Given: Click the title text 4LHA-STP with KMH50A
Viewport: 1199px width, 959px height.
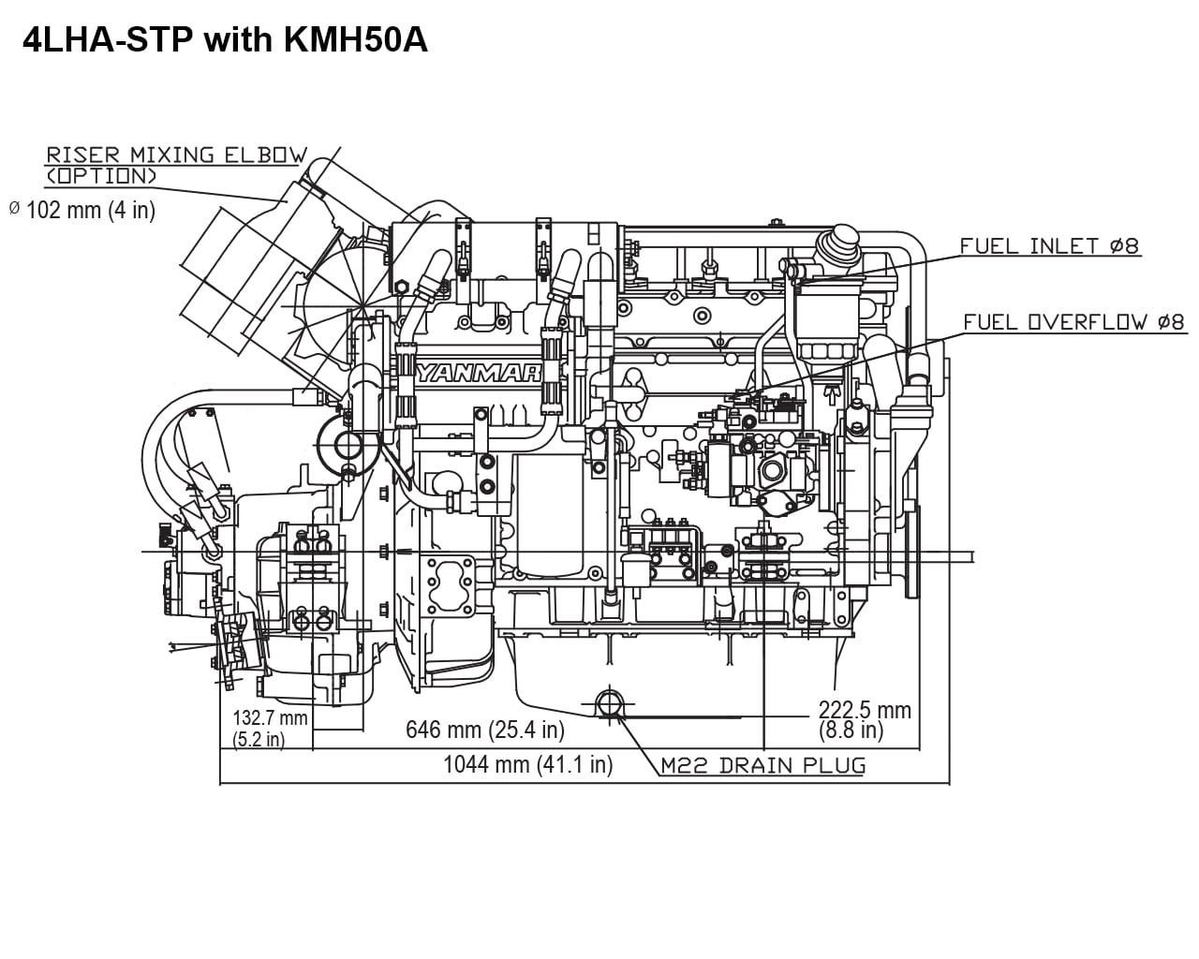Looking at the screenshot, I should [225, 41].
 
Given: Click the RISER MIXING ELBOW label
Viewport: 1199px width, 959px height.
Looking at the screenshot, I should [177, 155].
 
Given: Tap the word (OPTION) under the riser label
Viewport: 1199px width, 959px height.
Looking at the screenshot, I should [102, 175].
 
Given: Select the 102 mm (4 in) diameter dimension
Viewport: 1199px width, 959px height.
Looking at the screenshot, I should [90, 210].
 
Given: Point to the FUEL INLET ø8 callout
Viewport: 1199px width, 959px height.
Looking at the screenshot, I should [1049, 246].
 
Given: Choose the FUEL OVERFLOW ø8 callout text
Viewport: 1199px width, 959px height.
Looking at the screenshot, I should [1074, 322].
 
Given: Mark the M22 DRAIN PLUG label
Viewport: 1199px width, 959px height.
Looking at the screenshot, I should [762, 765].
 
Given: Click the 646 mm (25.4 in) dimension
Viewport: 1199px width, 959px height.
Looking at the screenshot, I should [484, 730].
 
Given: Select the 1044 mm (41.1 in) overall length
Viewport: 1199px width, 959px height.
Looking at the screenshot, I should [527, 764].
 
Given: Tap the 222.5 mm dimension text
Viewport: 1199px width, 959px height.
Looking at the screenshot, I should [864, 710].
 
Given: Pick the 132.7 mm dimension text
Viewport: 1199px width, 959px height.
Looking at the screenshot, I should [270, 718].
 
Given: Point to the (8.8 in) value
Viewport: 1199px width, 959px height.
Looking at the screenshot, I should [850, 729].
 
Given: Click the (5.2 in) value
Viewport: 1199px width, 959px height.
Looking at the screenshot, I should [259, 739].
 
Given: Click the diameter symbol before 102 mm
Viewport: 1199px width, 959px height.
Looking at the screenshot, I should [14, 208].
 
